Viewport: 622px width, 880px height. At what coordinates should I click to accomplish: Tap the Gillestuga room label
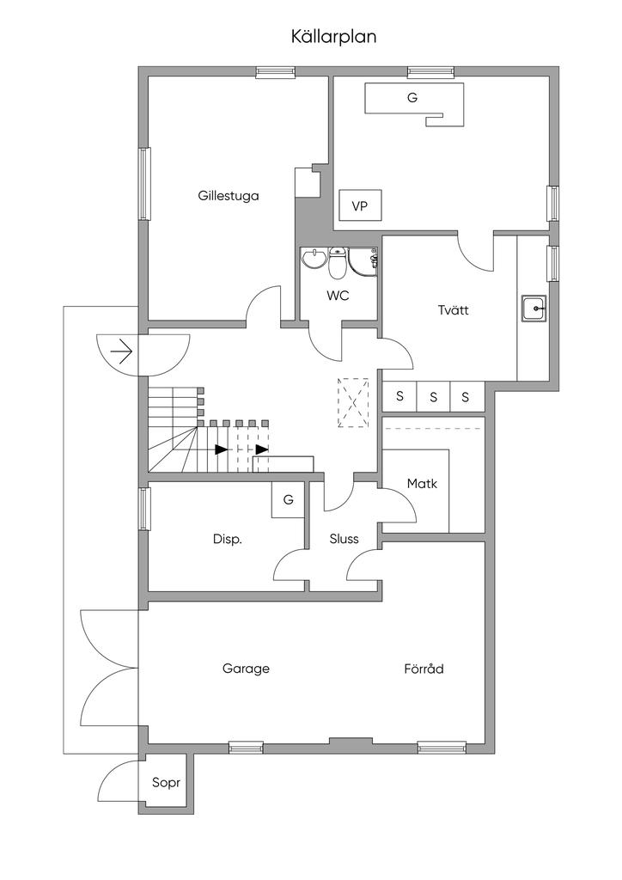[228, 195]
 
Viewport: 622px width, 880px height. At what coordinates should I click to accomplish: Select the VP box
[360, 206]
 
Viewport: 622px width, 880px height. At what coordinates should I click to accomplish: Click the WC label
[337, 295]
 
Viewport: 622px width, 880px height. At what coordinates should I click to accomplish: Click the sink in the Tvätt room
[534, 307]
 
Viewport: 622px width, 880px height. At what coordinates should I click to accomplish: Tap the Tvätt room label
[453, 309]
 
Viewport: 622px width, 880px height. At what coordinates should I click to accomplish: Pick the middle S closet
[433, 396]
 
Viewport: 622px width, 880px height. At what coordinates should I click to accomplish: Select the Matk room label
[422, 484]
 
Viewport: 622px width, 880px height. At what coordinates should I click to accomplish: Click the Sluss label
[344, 539]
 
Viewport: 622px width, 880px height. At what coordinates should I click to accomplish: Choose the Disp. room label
[228, 539]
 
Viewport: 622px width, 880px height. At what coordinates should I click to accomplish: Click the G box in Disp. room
[288, 499]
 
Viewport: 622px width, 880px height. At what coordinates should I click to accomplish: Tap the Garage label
[246, 668]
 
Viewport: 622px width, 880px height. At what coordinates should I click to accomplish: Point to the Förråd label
[424, 668]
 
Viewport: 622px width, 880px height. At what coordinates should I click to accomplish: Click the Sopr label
[165, 782]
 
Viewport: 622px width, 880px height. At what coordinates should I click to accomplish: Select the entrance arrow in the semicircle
[121, 352]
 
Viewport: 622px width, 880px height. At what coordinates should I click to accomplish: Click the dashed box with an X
[353, 402]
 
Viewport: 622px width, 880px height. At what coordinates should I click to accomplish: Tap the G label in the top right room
[412, 98]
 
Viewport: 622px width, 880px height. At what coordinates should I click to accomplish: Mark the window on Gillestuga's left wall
[145, 183]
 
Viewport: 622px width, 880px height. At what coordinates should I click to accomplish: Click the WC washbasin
[314, 258]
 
